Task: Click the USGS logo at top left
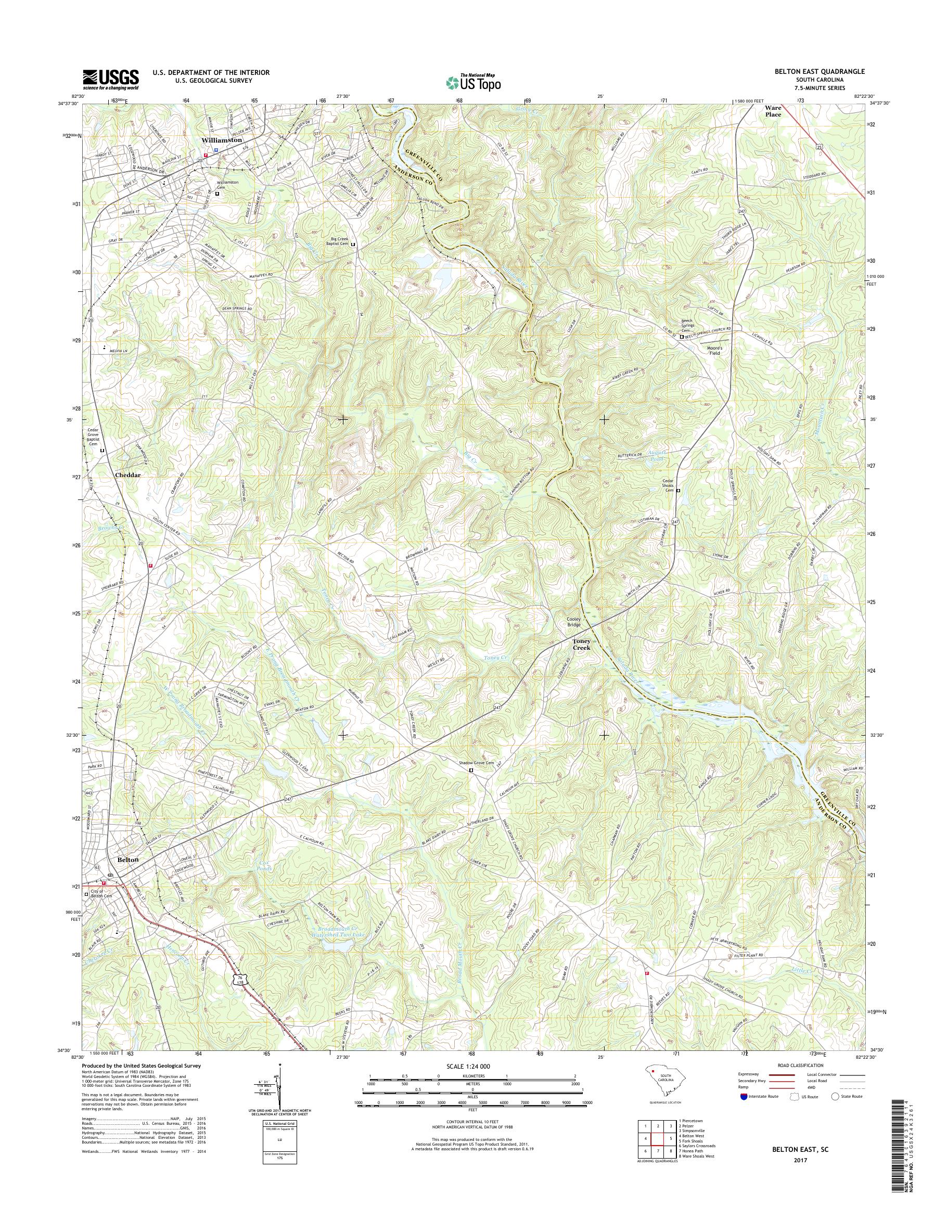click(x=110, y=79)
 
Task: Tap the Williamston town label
click(x=222, y=140)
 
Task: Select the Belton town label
click(x=127, y=875)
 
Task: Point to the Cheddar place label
click(x=127, y=475)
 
